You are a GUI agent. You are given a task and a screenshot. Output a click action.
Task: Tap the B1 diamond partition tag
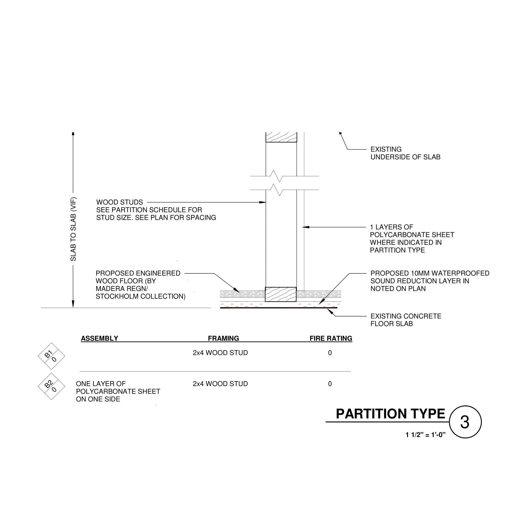[51, 356]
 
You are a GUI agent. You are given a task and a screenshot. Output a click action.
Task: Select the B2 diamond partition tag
[51, 386]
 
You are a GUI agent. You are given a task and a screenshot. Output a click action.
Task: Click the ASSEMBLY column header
[99, 338]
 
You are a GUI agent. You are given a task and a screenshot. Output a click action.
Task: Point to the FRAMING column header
[223, 338]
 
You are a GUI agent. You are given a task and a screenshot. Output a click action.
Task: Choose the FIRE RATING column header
[331, 338]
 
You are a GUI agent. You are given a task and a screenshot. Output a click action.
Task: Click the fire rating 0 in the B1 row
[330, 353]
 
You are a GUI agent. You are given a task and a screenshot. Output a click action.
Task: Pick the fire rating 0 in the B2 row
[330, 384]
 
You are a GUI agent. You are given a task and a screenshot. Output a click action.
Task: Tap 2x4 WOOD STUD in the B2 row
[220, 384]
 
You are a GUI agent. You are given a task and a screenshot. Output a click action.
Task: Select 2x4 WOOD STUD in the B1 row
[220, 353]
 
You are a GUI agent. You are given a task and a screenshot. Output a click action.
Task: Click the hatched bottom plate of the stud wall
[281, 295]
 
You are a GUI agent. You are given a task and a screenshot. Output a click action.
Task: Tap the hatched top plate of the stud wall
[281, 137]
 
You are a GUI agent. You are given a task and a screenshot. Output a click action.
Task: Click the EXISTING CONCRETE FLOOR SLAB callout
[406, 320]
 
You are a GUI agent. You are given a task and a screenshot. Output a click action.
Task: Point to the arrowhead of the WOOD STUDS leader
[263, 202]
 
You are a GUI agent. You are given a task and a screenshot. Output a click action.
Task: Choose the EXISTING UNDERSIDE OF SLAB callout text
[405, 153]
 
